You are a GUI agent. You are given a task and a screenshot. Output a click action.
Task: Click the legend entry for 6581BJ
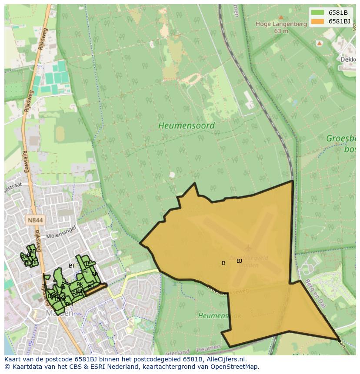point(340,21)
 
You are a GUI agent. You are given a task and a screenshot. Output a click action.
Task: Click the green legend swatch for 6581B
point(317,13)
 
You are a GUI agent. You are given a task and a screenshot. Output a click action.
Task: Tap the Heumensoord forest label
point(186,126)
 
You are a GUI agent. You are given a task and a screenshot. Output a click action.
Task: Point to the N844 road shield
point(35,220)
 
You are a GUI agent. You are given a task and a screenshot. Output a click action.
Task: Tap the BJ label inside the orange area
point(239,261)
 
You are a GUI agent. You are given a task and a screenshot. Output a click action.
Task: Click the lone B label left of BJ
point(223,263)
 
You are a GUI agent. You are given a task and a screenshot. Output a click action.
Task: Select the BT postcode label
point(72,266)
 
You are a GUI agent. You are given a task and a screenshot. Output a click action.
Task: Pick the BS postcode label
point(89,264)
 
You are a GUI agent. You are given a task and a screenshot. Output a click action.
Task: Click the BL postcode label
point(86,271)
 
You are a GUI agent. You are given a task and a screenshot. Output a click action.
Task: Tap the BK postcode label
point(80,285)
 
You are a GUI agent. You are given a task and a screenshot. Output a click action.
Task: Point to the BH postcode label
point(69,304)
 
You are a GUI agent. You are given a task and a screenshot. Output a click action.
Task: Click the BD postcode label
point(33,252)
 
